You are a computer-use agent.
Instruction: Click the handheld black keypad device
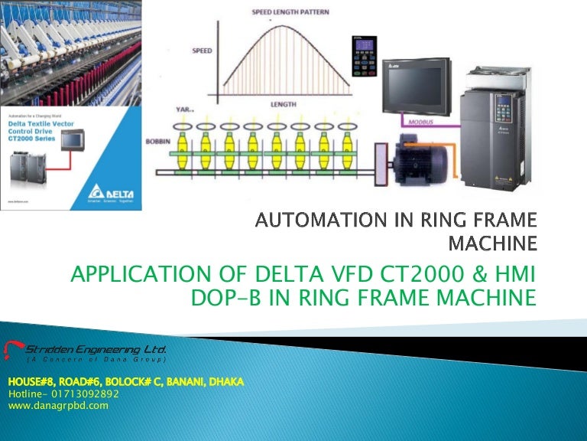[x=364, y=56]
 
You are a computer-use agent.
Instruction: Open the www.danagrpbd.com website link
[x=58, y=406]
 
